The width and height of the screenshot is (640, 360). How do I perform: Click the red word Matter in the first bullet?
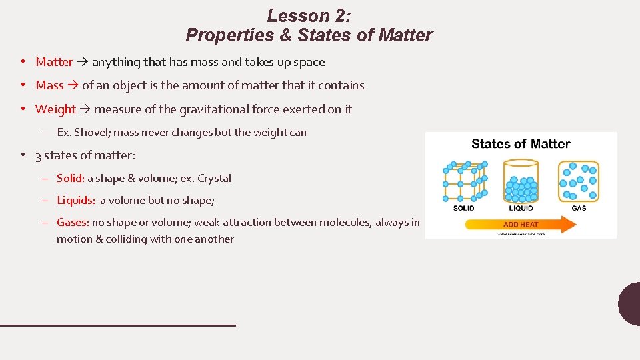click(54, 62)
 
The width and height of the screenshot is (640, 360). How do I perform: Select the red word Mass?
click(49, 85)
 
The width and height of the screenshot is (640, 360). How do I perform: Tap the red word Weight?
click(55, 109)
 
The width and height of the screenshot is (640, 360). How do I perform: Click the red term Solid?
click(70, 178)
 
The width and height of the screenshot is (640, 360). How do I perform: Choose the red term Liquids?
click(76, 200)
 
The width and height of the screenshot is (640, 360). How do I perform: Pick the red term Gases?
click(73, 223)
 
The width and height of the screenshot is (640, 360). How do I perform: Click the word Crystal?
click(214, 178)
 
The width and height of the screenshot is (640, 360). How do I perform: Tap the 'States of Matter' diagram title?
click(521, 144)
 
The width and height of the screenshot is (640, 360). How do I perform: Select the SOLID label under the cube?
click(463, 208)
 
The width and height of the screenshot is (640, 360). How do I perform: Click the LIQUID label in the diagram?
click(521, 208)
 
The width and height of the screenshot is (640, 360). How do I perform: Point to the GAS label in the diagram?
click(579, 208)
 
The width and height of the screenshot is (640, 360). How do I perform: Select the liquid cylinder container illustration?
click(521, 181)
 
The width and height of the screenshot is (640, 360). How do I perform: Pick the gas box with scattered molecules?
click(579, 181)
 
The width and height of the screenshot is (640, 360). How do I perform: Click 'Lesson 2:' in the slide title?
click(309, 15)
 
